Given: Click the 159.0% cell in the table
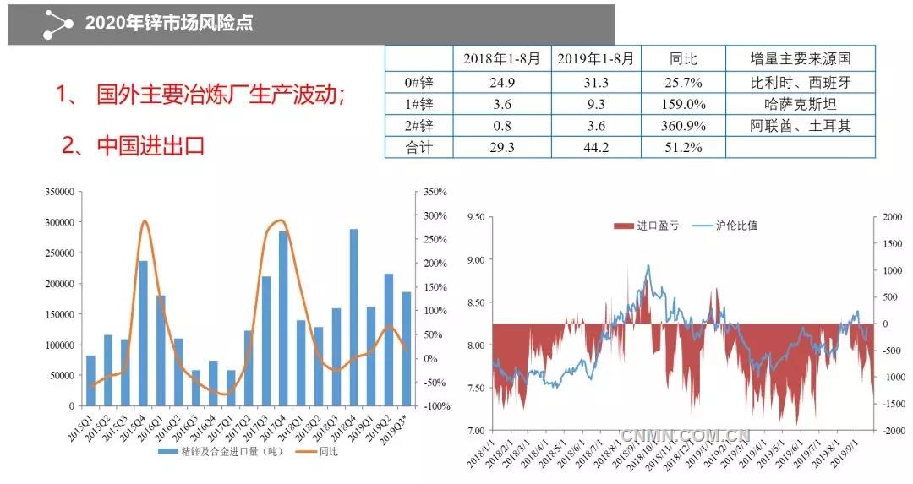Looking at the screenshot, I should (681, 105).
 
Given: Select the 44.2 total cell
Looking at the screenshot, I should (596, 148).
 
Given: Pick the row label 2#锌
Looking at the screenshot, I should (418, 126).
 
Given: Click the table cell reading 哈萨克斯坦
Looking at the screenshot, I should (800, 105).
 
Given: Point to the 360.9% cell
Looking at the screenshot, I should (681, 126).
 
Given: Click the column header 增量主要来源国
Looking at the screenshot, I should (800, 58).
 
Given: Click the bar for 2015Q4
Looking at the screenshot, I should (143, 333).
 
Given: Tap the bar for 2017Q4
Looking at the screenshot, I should (283, 318).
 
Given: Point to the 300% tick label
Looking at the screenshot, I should (436, 216).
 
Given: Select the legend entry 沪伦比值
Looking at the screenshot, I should (730, 226).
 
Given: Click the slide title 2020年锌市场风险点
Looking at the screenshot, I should (169, 23).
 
